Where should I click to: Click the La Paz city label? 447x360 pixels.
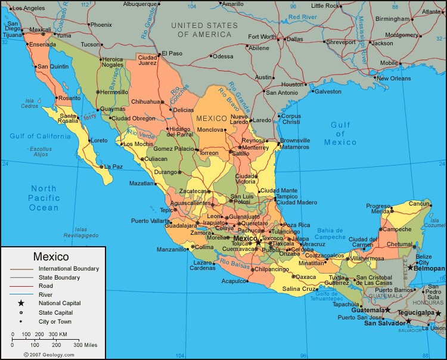point(113,166)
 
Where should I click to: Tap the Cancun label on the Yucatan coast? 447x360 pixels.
point(419,204)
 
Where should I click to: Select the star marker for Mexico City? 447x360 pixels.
point(258,240)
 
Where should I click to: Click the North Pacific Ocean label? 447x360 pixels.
point(44,198)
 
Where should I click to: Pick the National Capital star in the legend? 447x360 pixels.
point(21,303)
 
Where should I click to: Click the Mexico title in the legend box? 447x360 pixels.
point(51,257)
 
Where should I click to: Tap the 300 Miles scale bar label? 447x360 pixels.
point(85,345)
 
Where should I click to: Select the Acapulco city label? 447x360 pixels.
point(234,281)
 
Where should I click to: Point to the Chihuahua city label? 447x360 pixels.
point(145,101)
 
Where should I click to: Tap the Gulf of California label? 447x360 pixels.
point(40,136)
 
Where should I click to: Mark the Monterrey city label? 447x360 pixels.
point(255,147)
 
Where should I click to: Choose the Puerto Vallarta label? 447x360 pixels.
point(150,221)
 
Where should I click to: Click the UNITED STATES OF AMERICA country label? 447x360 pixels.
point(204,30)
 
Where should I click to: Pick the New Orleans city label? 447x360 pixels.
point(393,78)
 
